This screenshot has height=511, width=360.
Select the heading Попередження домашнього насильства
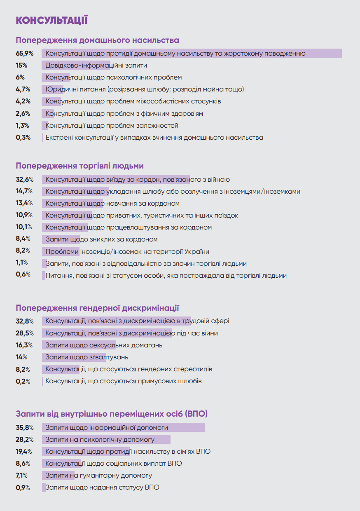click(x=97, y=40)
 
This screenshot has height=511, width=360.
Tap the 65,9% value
click(x=25, y=53)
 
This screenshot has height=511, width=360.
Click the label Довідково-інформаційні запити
click(x=96, y=65)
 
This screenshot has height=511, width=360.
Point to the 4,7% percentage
click(x=23, y=89)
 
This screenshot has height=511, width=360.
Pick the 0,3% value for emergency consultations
click(x=23, y=137)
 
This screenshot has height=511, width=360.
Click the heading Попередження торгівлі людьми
click(x=79, y=166)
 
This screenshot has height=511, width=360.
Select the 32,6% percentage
click(x=25, y=179)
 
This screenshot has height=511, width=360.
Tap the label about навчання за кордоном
click(x=112, y=203)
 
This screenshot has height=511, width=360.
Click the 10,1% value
click(x=24, y=227)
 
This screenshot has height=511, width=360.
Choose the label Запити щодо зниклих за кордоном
click(x=101, y=239)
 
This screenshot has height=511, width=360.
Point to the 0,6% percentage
click(x=23, y=275)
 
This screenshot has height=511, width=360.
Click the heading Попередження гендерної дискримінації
click(x=97, y=308)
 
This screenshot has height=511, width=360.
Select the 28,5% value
click(x=25, y=333)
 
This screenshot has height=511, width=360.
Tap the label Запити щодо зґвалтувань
click(x=86, y=357)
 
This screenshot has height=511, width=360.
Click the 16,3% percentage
click(x=25, y=345)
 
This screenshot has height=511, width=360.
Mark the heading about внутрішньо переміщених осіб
click(x=112, y=413)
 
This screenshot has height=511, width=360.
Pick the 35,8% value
click(x=25, y=427)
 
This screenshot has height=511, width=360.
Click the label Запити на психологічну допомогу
click(x=100, y=439)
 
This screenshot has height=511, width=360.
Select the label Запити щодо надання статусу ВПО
click(x=102, y=487)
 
